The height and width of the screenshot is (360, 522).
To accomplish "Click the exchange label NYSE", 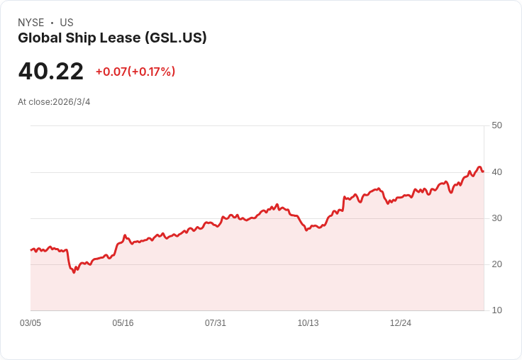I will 31,23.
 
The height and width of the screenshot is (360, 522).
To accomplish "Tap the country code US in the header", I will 67,23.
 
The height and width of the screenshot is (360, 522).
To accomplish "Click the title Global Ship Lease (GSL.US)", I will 112,38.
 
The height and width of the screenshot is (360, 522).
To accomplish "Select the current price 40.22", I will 51,72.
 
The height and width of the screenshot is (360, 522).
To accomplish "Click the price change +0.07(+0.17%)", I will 135,72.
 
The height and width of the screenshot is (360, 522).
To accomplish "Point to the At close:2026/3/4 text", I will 54,102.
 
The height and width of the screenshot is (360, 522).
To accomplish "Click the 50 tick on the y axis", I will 496,125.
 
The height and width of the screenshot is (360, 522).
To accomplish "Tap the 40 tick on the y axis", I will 496,172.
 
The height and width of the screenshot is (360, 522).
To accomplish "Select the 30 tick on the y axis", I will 496,218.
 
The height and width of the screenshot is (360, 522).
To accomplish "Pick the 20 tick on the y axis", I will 496,264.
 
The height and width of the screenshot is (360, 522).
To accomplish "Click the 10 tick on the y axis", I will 496,310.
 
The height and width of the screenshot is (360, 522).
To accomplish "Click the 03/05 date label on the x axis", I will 30,323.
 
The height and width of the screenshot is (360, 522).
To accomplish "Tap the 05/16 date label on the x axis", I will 123,323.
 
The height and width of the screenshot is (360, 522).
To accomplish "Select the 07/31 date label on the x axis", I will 216,323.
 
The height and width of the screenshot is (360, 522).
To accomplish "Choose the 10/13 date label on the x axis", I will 308,323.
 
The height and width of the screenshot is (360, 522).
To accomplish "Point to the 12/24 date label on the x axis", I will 401,323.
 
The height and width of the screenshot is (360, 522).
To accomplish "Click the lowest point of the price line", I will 74,272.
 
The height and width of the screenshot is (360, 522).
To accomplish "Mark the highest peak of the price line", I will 479,167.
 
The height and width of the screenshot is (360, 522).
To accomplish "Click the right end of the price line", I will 483,171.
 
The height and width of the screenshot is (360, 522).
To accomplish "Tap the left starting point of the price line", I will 30,250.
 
